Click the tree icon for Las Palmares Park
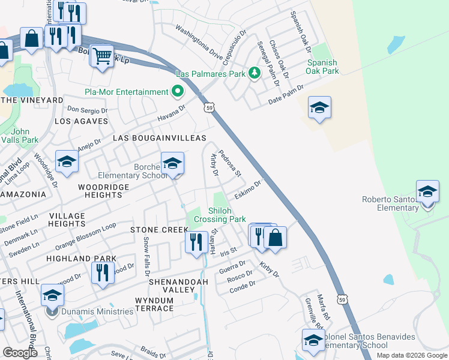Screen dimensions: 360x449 (255, 73)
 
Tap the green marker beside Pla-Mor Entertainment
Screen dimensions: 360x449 (178, 92)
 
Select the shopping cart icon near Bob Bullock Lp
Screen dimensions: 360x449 (102, 56)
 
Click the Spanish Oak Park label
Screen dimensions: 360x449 (323, 67)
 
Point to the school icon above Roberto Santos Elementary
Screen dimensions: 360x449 (427, 191)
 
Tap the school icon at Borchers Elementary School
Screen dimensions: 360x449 (172, 163)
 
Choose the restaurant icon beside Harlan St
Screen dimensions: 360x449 (196, 242)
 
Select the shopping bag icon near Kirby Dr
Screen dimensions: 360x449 (275, 236)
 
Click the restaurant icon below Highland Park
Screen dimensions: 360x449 (103, 272)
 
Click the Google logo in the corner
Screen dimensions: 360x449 (20, 353)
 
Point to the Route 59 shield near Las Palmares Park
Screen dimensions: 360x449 (208, 108)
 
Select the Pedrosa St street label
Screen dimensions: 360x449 (229, 163)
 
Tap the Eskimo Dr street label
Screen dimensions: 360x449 (249, 190)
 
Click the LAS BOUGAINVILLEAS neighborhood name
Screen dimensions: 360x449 (160, 139)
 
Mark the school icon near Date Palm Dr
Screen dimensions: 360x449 (319, 107)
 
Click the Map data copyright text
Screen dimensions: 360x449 (412, 355)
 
